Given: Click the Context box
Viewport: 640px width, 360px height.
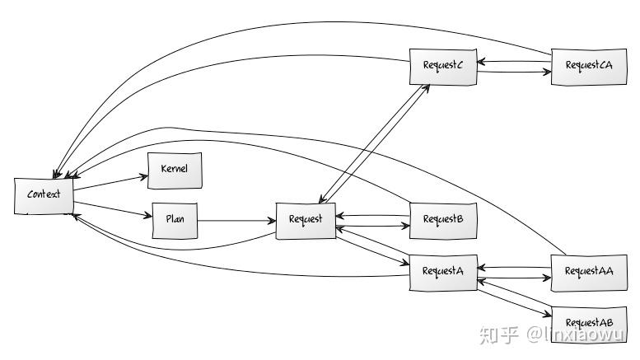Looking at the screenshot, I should click(44, 195).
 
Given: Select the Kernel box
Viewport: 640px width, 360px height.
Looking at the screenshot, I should click(174, 169).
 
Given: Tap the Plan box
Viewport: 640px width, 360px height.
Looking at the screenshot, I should click(175, 220).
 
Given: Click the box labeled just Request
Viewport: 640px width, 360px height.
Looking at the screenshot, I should click(306, 220).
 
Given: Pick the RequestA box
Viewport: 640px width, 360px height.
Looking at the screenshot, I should click(443, 271).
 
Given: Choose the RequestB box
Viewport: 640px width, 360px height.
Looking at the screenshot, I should click(443, 219).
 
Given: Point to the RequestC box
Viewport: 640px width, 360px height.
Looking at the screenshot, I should click(443, 66).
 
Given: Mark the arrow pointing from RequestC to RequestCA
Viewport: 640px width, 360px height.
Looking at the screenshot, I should click(515, 72).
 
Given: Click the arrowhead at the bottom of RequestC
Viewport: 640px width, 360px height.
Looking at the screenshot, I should click(426, 87).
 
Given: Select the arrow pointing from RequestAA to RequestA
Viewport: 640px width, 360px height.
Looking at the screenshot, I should click(515, 267).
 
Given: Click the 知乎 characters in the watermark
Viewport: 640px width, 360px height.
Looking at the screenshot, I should click(499, 334).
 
